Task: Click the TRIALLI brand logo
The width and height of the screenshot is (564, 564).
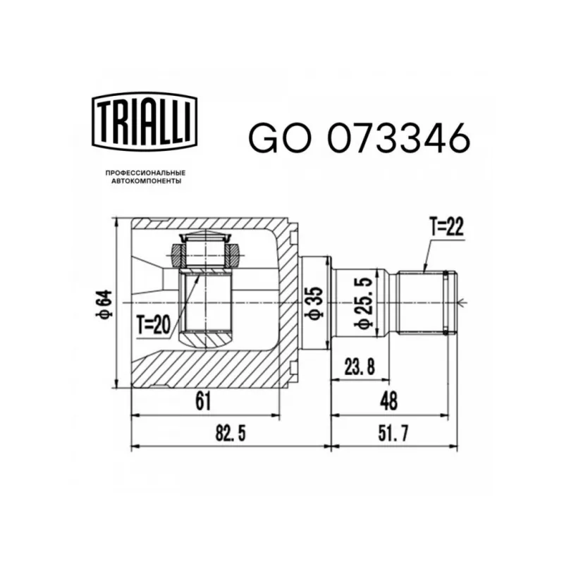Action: pyautogui.click(x=145, y=121)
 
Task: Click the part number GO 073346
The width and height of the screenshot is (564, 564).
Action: pyautogui.click(x=359, y=137)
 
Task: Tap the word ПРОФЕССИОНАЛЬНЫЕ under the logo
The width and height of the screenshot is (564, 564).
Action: pyautogui.click(x=145, y=173)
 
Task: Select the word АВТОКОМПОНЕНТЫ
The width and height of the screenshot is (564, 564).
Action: pyautogui.click(x=146, y=182)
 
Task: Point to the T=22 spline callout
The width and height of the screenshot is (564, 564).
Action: pyautogui.click(x=446, y=227)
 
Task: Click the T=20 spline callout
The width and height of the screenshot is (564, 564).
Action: pyautogui.click(x=153, y=325)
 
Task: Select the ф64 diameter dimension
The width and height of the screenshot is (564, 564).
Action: pyautogui.click(x=104, y=305)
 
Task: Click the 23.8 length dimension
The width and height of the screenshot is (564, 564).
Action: pyautogui.click(x=360, y=367)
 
